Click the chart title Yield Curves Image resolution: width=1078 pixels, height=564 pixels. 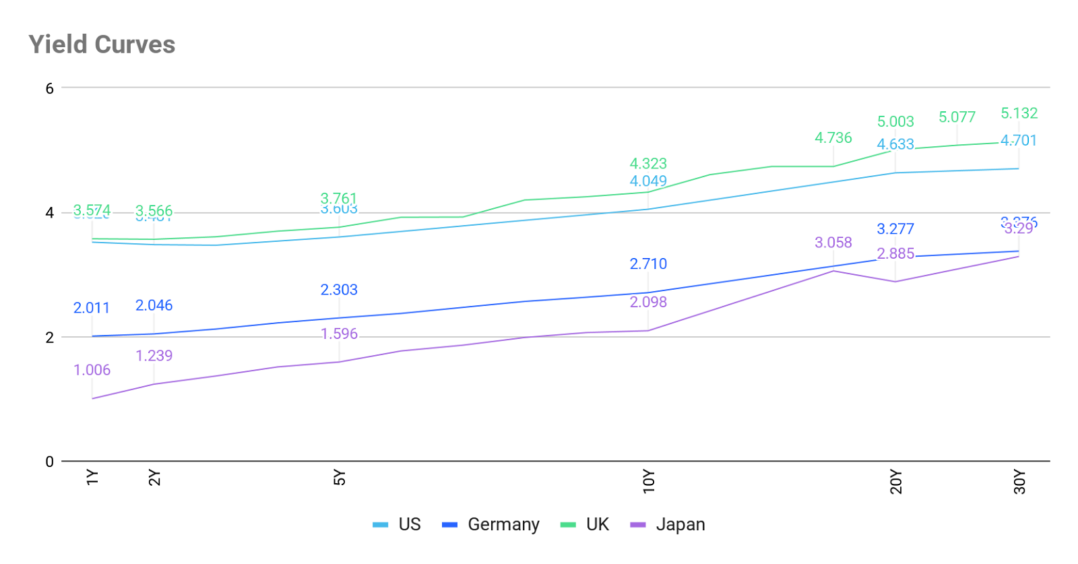coord(102,44)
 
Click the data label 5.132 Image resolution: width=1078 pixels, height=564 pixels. coord(1019,113)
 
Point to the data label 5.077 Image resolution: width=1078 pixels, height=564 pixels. coord(957,117)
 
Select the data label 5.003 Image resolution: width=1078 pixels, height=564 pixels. coord(895,121)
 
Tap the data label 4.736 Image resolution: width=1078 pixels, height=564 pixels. coord(833,137)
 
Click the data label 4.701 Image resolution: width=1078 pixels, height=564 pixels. coord(1019,140)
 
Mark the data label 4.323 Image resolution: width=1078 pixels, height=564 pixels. coord(648,163)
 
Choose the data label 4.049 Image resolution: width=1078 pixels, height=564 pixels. coord(648,181)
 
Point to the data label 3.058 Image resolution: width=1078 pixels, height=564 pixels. coord(833,242)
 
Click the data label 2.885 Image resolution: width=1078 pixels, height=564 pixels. coord(895,253)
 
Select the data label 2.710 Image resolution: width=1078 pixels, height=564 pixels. coord(648,264)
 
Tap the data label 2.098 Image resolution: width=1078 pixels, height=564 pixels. coord(648,302)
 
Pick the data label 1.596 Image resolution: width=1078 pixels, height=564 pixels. coord(339,334)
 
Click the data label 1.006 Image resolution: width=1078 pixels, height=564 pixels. coord(92,370)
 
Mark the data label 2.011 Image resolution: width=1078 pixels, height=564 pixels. coord(92,308)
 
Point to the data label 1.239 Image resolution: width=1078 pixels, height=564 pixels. coord(154,356)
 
